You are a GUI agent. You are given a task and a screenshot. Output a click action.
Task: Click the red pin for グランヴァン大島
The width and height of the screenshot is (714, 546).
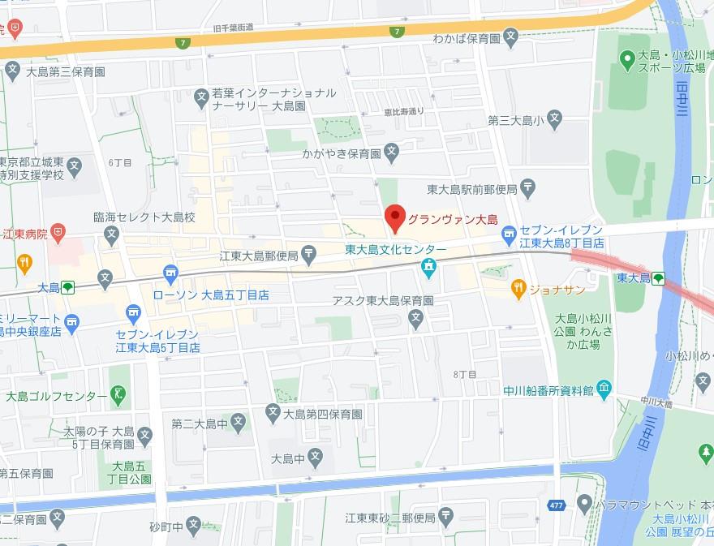click(394, 217)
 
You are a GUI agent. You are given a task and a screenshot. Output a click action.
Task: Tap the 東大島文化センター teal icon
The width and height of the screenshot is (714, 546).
click(428, 266)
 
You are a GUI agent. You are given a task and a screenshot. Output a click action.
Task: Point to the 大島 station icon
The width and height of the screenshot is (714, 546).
click(68, 287)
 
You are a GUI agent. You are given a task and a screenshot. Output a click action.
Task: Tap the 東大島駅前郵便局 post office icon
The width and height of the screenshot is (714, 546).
click(528, 190)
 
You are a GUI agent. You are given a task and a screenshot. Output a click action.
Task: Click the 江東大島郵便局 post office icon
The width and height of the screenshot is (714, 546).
click(310, 256)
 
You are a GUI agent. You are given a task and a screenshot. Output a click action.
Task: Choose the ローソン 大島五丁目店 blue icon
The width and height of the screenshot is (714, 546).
click(170, 273)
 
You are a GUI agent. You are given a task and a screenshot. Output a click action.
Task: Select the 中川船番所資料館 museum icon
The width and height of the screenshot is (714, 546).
click(604, 389)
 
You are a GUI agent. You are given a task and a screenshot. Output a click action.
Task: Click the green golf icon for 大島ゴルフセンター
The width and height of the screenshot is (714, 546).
click(119, 396)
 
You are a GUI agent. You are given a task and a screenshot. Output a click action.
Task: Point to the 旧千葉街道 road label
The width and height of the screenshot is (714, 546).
click(232, 27)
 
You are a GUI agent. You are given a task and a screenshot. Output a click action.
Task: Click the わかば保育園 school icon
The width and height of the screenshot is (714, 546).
click(510, 36)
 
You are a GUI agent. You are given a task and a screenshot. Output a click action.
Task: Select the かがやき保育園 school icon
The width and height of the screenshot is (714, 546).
click(391, 152)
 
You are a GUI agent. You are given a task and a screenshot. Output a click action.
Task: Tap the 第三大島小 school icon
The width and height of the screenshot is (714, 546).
click(554, 121)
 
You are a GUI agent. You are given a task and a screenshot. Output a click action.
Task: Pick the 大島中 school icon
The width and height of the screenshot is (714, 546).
click(316, 458)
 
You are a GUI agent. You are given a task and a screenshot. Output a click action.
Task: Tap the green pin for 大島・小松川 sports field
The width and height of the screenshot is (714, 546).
click(626, 58)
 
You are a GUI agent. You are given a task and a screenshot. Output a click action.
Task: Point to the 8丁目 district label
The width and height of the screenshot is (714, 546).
click(464, 374)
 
